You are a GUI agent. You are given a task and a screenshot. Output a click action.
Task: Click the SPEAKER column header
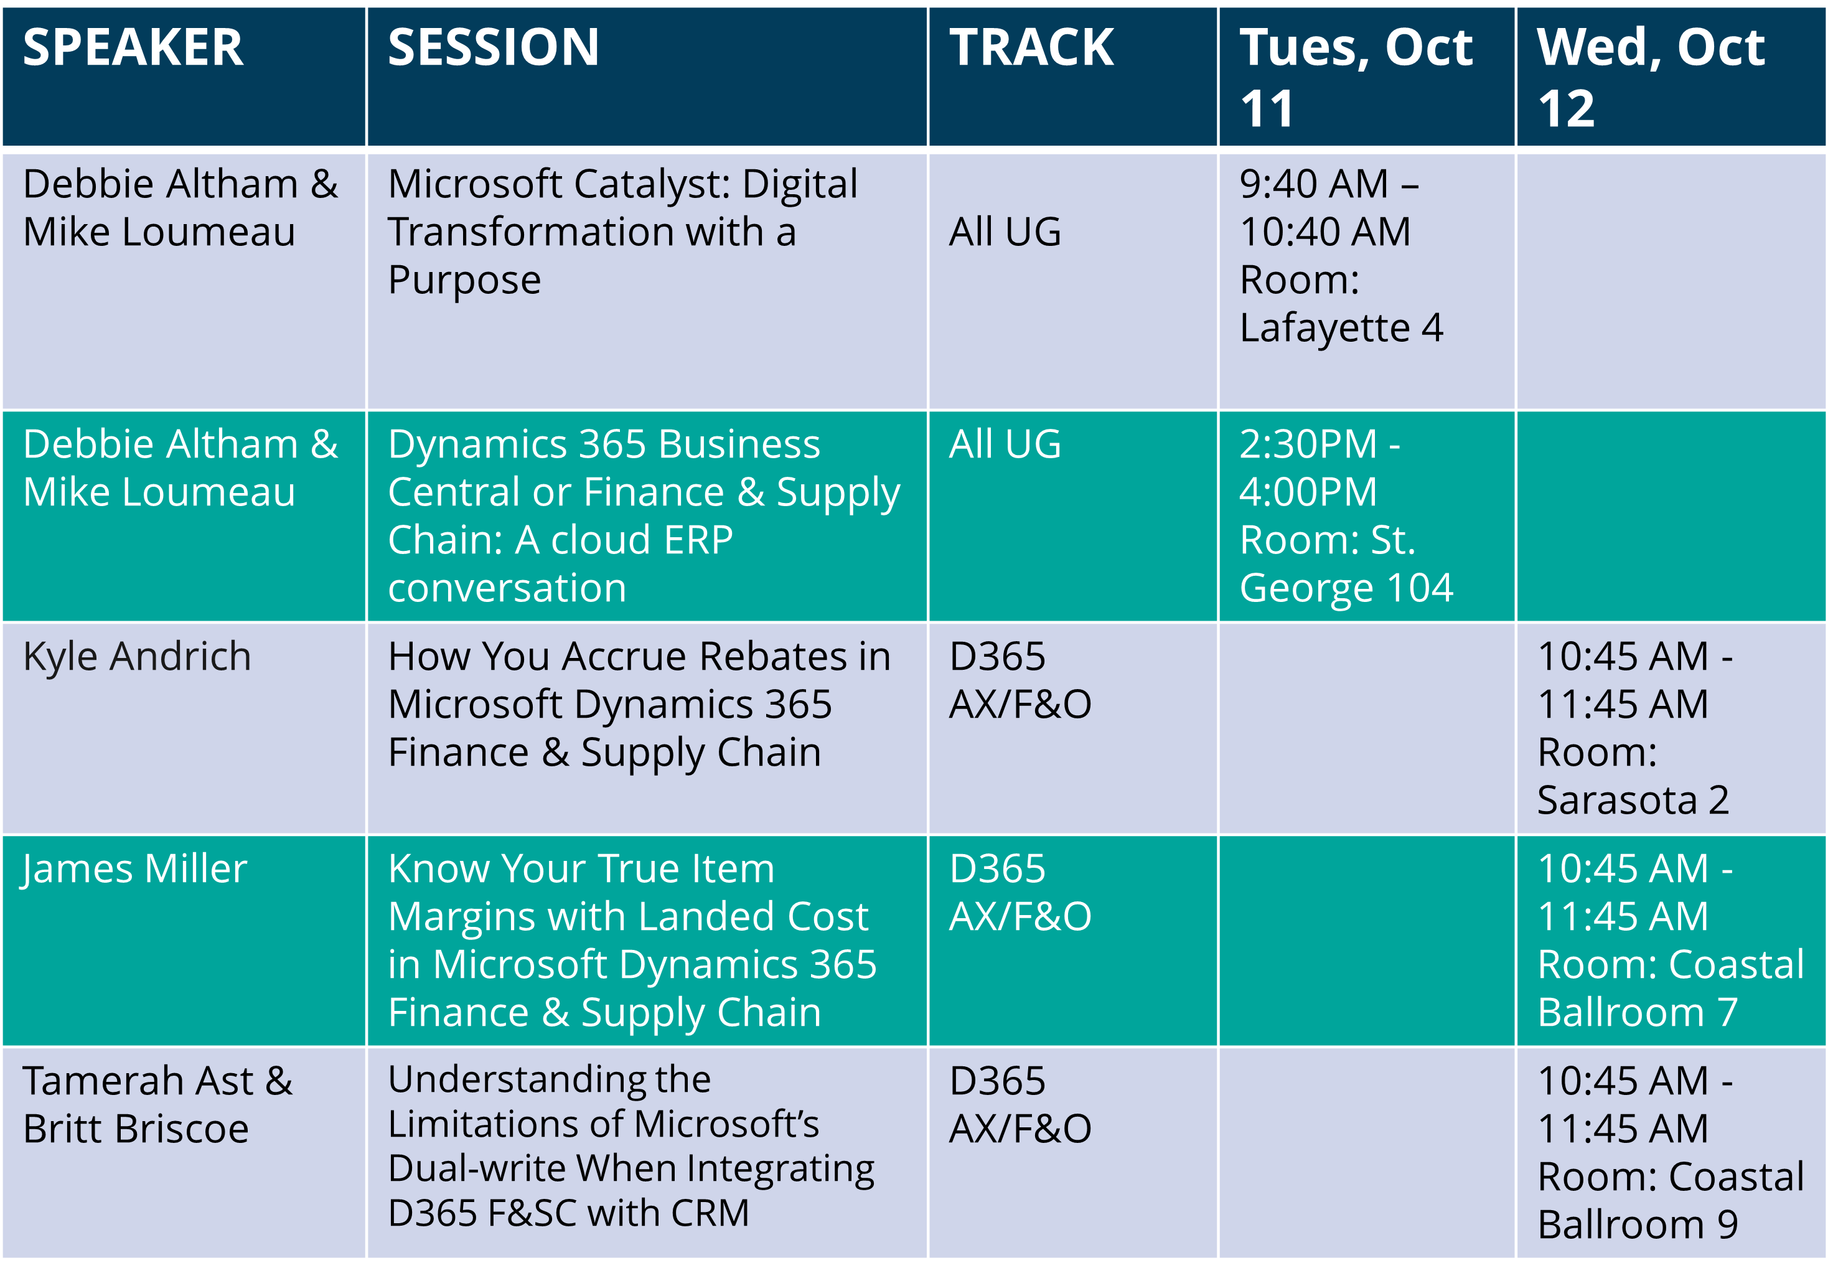click(133, 47)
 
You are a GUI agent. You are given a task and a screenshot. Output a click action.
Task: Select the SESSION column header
click(494, 47)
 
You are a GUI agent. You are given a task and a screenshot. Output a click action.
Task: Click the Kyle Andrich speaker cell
click(137, 657)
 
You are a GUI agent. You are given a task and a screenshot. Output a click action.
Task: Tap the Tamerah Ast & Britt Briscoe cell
click(158, 1105)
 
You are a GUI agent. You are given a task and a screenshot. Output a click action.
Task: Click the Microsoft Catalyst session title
click(622, 232)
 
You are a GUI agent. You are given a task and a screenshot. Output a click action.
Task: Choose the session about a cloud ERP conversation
click(644, 516)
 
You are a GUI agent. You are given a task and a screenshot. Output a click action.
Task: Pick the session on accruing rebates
click(639, 704)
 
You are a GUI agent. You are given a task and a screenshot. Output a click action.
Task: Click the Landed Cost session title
click(632, 941)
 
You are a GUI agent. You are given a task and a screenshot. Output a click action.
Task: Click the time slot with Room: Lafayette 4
click(1341, 256)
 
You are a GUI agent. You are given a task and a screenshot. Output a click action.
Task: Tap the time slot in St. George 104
click(1346, 516)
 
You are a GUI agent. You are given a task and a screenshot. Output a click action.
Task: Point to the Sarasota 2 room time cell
click(1634, 728)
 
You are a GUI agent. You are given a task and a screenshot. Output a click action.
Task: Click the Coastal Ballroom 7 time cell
click(1671, 941)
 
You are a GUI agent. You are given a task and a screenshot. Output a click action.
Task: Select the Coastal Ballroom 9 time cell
click(1671, 1153)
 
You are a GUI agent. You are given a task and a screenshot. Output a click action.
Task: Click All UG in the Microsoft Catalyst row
click(1005, 232)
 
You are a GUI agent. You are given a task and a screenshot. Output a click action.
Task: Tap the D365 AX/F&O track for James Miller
click(1020, 893)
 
